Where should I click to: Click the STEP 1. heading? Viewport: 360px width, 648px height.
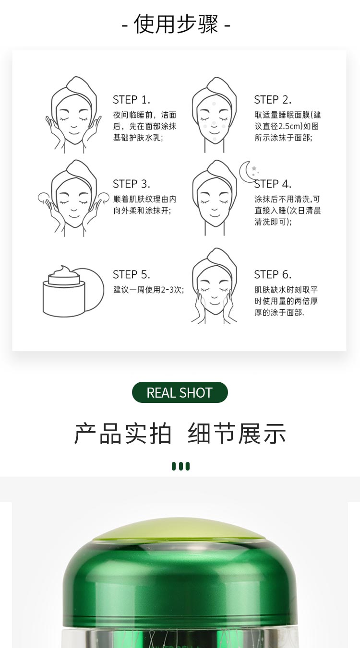click(x=131, y=100)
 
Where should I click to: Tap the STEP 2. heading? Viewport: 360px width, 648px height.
click(x=272, y=100)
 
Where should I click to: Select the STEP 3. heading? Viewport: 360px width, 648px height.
click(x=131, y=184)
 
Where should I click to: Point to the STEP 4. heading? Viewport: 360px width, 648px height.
click(x=272, y=184)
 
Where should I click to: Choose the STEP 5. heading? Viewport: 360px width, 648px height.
click(x=131, y=275)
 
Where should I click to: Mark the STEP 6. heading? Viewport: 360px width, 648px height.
click(x=272, y=275)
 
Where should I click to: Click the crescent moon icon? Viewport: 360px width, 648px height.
click(x=248, y=171)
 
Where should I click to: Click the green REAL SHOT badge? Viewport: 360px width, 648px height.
click(x=180, y=393)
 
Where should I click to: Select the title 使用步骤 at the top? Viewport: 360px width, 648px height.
click(x=176, y=24)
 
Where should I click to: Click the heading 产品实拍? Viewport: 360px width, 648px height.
click(x=123, y=434)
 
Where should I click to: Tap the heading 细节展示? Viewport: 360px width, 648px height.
click(x=237, y=434)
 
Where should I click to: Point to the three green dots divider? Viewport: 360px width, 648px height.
click(x=180, y=466)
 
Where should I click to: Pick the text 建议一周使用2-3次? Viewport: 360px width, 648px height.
click(x=148, y=290)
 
